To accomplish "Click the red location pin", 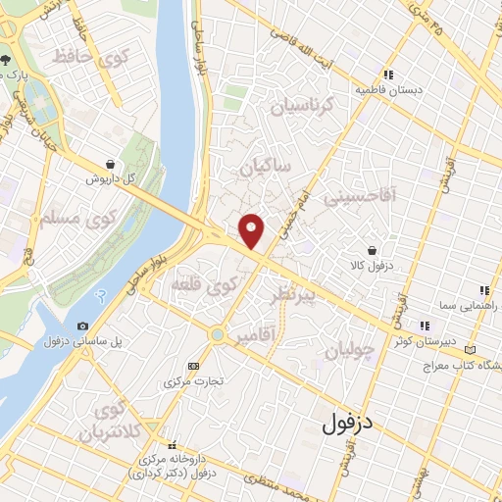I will (x=253, y=231).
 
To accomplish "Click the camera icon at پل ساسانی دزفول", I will (x=82, y=326).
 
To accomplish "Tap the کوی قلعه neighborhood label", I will (x=204, y=285).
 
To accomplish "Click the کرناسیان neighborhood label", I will (x=303, y=104).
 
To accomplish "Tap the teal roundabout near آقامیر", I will (x=217, y=336).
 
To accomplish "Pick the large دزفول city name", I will (x=349, y=424).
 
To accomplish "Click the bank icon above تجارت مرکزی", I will (x=192, y=366).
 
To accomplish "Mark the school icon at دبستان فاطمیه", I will (x=389, y=75).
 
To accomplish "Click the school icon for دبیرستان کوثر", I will (x=425, y=326).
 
